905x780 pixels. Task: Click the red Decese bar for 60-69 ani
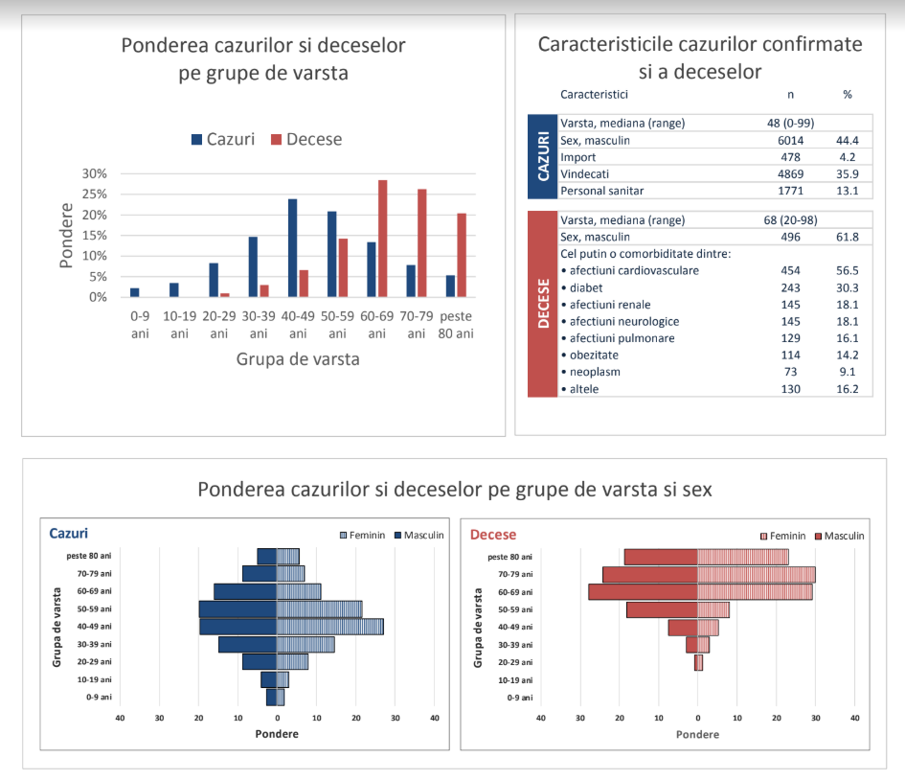pyautogui.click(x=383, y=239)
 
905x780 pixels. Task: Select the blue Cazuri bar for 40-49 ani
pyautogui.click(x=293, y=248)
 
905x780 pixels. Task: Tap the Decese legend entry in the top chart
pyautogui.click(x=306, y=139)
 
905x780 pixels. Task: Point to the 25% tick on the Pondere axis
pyautogui.click(x=95, y=194)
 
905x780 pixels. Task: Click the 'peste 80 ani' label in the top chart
pyautogui.click(x=456, y=325)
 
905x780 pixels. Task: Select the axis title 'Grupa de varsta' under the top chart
pyautogui.click(x=298, y=359)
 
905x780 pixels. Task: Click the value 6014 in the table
pyautogui.click(x=790, y=140)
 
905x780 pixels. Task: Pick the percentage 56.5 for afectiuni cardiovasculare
pyautogui.click(x=848, y=271)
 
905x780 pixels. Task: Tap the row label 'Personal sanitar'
pyautogui.click(x=602, y=191)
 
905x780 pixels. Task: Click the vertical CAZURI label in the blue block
pyautogui.click(x=543, y=156)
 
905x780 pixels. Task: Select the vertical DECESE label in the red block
pyautogui.click(x=543, y=304)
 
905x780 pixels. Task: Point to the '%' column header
pyautogui.click(x=848, y=95)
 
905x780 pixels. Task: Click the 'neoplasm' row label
pyautogui.click(x=595, y=372)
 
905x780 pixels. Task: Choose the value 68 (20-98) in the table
pyautogui.click(x=790, y=220)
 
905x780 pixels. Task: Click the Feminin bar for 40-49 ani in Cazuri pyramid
pyautogui.click(x=330, y=627)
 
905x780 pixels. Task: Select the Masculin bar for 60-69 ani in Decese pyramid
pyautogui.click(x=643, y=592)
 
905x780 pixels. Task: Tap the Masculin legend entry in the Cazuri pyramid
pyautogui.click(x=419, y=536)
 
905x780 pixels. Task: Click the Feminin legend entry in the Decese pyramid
pyautogui.click(x=782, y=536)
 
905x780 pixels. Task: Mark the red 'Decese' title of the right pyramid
pyautogui.click(x=493, y=535)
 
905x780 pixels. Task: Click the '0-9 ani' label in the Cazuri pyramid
pyautogui.click(x=99, y=697)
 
